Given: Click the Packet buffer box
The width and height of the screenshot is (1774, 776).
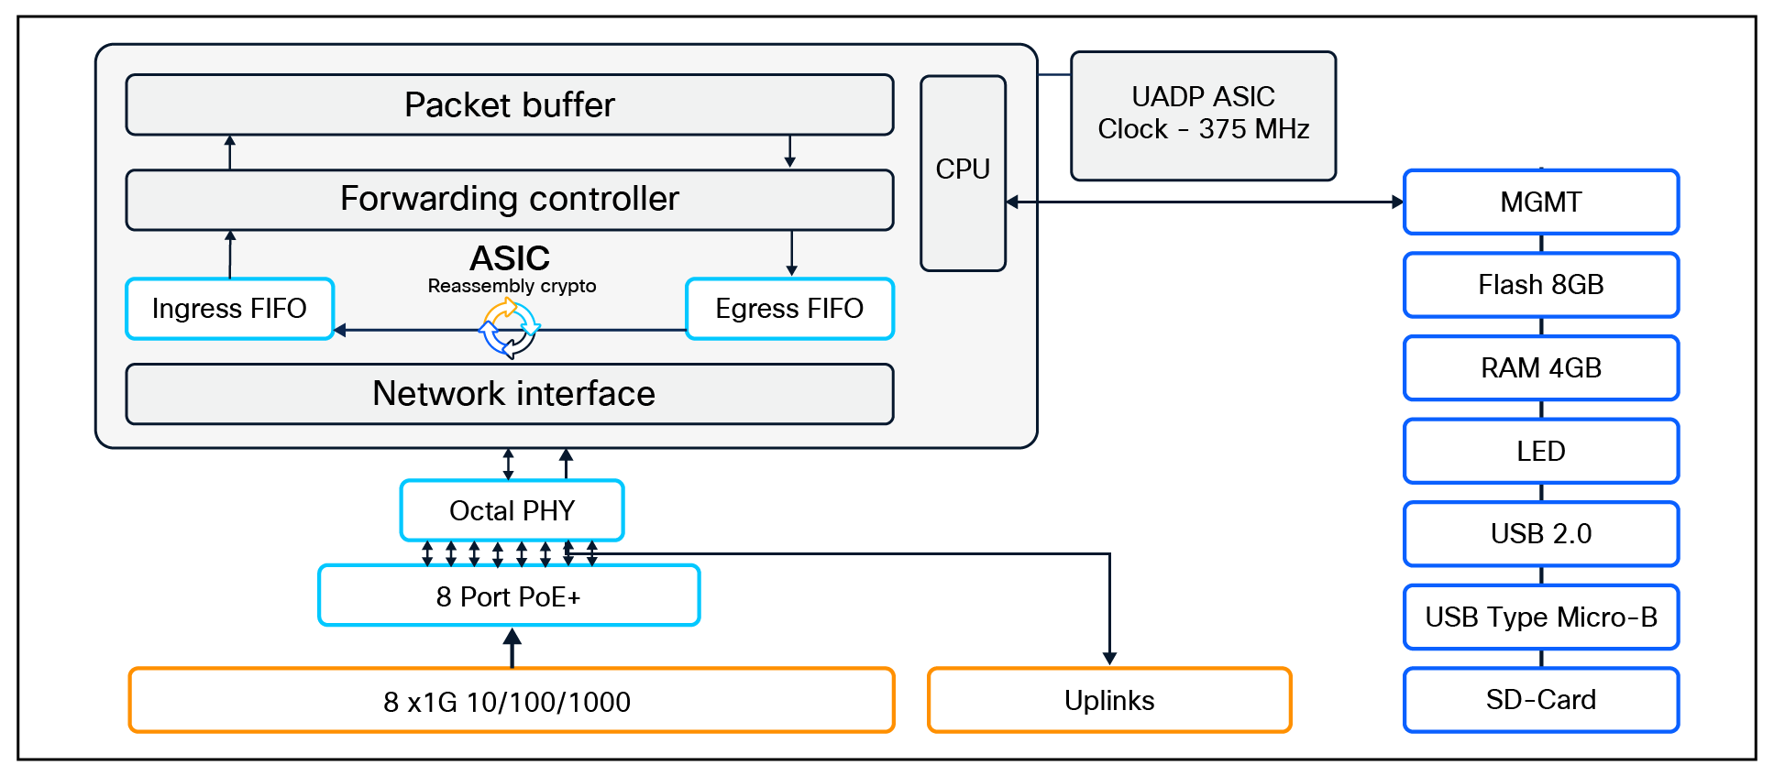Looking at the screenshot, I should (509, 104).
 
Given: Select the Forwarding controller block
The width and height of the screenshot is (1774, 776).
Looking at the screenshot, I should (509, 199).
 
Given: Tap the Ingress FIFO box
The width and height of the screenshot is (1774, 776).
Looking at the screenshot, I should (229, 309).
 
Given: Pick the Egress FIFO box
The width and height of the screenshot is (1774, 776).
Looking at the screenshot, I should (789, 309).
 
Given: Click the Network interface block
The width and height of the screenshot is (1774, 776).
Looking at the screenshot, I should (509, 394).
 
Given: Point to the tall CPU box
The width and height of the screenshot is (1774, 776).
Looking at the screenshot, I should (963, 172).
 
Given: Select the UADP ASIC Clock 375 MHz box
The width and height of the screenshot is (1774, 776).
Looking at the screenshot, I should (1203, 115).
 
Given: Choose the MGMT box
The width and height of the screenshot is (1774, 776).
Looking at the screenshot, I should (1540, 202).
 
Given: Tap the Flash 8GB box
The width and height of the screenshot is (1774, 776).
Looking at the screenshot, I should (1540, 285).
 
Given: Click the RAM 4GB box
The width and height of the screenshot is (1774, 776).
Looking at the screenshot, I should (1540, 367).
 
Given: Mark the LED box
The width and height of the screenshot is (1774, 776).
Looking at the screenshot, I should (1540, 451).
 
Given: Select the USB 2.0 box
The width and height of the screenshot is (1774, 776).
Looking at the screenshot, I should (1540, 533).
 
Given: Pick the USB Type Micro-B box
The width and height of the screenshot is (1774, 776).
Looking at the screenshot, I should (1540, 617).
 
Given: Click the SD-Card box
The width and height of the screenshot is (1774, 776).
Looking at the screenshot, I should (1540, 700).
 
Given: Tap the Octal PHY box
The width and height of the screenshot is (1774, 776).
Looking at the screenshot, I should (512, 510).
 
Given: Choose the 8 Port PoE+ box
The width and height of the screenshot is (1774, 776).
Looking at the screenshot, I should (509, 596).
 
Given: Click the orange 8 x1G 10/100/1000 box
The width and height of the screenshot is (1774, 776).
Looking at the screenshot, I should (511, 701).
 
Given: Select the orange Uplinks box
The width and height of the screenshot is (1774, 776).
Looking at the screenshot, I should (1109, 701).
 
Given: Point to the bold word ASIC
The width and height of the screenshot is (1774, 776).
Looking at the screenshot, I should (510, 258).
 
